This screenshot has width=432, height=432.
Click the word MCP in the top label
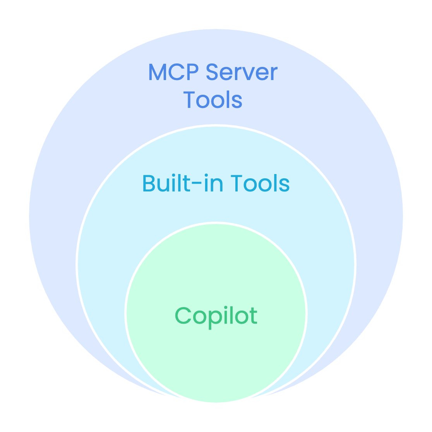pos(173,72)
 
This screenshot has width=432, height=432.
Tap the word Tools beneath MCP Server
pos(213,100)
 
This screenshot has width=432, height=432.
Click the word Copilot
pos(216,316)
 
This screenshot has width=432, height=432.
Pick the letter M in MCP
pos(158,72)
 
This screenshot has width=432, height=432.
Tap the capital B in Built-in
pos(149,183)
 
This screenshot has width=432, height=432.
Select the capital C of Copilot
pos(182,316)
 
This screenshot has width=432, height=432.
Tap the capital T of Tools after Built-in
pos(237,183)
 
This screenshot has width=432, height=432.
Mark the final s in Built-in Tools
pos(285,185)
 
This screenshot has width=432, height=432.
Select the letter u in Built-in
pos(163,185)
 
